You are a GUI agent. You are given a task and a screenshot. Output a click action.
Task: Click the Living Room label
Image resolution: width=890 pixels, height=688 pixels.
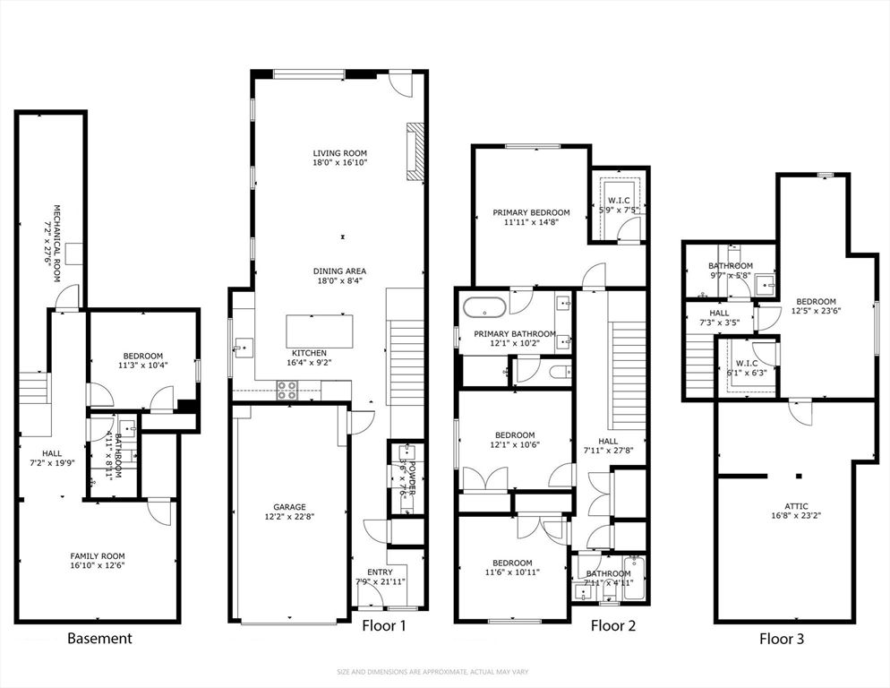pyautogui.click(x=339, y=153)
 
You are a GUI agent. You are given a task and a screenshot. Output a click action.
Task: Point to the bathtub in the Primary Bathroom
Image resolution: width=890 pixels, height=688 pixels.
pyautogui.click(x=484, y=307)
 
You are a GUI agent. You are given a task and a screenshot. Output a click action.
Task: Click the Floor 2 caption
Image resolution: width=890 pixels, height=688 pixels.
pyautogui.click(x=613, y=626)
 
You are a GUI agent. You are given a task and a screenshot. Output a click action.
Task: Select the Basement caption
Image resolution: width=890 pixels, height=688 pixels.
pyautogui.click(x=100, y=639)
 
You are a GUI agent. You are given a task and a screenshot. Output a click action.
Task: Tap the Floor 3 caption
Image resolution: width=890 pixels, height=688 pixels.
pyautogui.click(x=782, y=639)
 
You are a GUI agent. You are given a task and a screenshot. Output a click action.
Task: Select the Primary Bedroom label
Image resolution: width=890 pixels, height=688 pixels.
pyautogui.click(x=531, y=213)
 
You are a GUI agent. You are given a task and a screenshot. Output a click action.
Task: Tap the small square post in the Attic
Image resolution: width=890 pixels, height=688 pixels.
pyautogui.click(x=800, y=477)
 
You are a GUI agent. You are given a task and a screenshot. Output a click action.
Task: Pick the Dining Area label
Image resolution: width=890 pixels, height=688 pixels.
pyautogui.click(x=339, y=271)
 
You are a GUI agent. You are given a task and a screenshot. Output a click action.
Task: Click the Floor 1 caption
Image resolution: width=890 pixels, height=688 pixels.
pyautogui.click(x=384, y=626)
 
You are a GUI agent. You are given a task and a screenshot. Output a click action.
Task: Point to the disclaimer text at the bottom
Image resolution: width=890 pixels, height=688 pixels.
pyautogui.click(x=444, y=672)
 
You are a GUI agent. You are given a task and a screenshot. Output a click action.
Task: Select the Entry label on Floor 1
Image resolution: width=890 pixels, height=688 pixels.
pyautogui.click(x=380, y=572)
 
